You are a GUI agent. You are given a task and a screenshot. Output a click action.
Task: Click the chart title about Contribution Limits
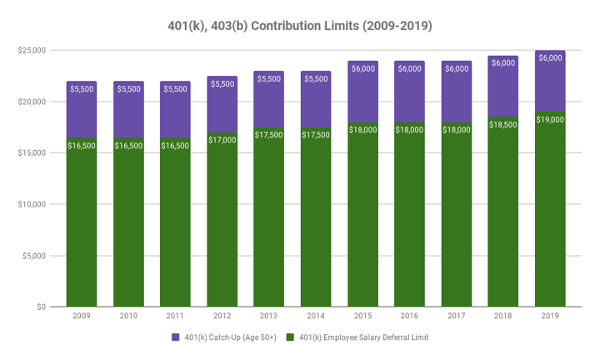click(300, 26)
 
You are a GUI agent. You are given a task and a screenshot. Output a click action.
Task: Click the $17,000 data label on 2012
click(222, 140)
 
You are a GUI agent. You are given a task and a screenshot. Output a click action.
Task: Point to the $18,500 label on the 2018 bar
click(503, 124)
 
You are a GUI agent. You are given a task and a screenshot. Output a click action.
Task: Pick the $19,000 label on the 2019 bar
click(550, 119)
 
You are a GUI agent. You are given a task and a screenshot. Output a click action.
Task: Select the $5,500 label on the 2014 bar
click(316, 78)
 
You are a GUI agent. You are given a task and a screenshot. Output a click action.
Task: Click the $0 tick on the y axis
click(40, 307)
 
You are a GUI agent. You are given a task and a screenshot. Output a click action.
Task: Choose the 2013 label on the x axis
click(269, 317)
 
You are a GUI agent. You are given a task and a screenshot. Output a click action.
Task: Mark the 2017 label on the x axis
click(457, 317)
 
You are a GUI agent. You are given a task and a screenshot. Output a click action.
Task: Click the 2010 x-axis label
click(128, 317)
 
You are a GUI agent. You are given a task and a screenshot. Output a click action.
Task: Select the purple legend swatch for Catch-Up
click(176, 337)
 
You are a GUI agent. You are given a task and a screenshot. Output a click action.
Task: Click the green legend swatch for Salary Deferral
click(291, 337)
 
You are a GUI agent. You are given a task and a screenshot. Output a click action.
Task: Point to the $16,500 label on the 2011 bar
click(175, 145)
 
